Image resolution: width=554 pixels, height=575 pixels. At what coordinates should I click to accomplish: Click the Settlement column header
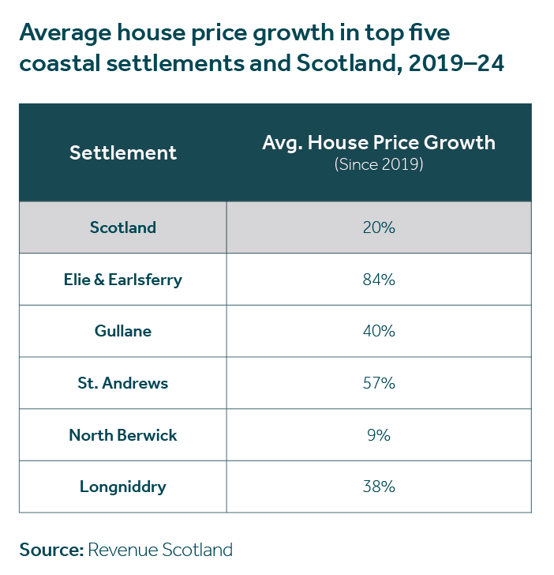click(x=123, y=152)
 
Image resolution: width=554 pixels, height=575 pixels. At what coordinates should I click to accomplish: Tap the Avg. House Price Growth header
click(x=378, y=143)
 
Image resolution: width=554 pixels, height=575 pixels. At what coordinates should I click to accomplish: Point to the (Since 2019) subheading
click(x=379, y=165)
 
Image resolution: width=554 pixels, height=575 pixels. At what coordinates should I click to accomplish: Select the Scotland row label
click(x=123, y=227)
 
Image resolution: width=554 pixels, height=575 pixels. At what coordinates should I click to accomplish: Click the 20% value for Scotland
click(x=379, y=227)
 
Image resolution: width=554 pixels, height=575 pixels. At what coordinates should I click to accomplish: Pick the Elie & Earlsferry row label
click(x=123, y=279)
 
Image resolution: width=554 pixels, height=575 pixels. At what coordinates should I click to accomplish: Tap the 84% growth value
click(x=379, y=279)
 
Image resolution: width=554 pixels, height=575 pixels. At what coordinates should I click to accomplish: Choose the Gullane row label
click(x=123, y=331)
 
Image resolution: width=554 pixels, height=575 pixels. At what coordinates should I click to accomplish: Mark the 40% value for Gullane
click(x=379, y=331)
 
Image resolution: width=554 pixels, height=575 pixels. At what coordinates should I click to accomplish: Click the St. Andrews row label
click(x=123, y=383)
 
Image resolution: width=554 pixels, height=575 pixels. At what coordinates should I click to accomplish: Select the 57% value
click(x=379, y=383)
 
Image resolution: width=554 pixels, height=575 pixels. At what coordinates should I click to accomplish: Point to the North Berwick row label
click(x=123, y=434)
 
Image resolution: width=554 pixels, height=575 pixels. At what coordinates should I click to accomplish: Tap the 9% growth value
click(x=379, y=434)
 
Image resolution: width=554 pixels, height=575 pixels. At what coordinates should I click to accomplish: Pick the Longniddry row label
click(x=123, y=487)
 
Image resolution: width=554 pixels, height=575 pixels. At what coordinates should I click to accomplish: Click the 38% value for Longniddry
click(x=379, y=487)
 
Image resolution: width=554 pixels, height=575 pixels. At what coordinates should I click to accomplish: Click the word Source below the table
click(x=51, y=550)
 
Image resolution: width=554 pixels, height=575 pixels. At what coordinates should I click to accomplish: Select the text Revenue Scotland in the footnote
click(x=160, y=550)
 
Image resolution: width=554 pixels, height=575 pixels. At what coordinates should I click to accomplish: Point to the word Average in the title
click(x=66, y=33)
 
